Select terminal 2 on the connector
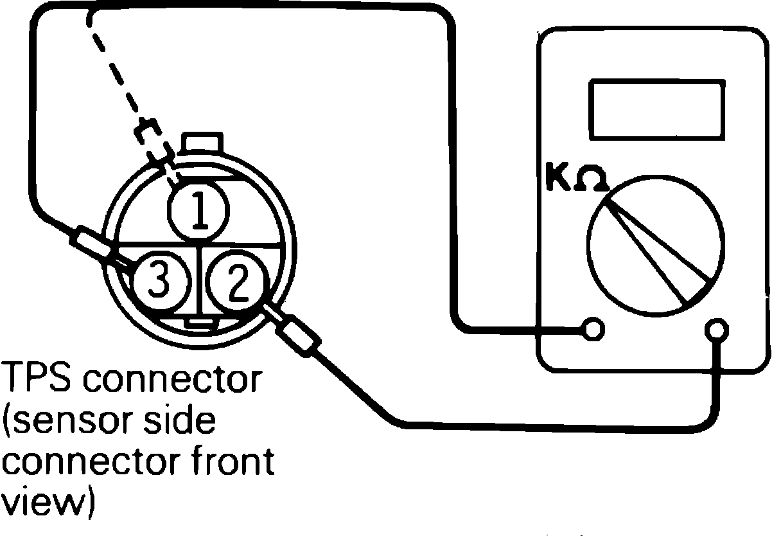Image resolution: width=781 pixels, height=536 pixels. pyautogui.click(x=236, y=283)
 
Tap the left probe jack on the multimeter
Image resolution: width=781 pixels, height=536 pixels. pyautogui.click(x=595, y=329)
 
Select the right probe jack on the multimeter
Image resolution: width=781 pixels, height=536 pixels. pyautogui.click(x=715, y=330)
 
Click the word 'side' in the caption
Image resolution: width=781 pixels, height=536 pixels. pyautogui.click(x=183, y=423)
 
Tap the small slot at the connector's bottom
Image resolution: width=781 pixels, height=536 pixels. pyautogui.click(x=200, y=321)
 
